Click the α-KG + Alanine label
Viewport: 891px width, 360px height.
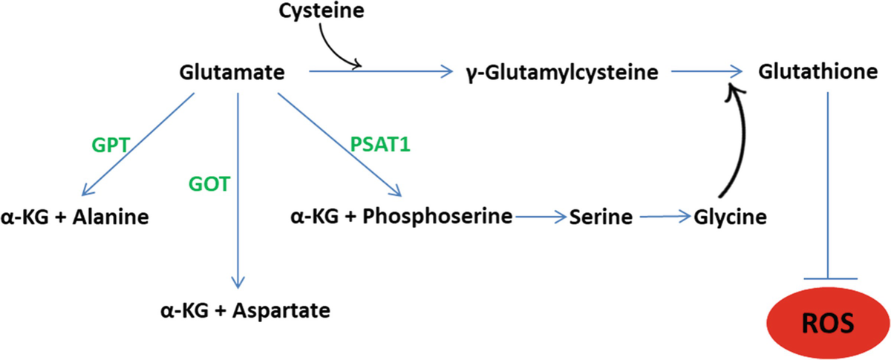pyautogui.click(x=76, y=217)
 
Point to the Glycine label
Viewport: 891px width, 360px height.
pyautogui.click(x=730, y=217)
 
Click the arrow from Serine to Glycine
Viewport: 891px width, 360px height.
pyautogui.click(x=665, y=217)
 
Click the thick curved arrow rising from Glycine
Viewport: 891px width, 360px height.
pyautogui.click(x=744, y=148)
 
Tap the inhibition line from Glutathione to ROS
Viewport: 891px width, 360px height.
pyautogui.click(x=829, y=186)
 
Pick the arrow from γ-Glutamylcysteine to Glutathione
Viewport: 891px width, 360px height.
pyautogui.click(x=705, y=72)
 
